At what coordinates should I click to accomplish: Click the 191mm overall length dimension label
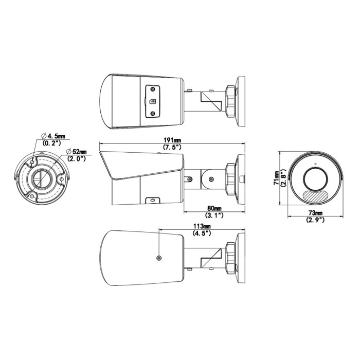click(x=172, y=140)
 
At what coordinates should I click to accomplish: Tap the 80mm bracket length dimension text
click(x=214, y=208)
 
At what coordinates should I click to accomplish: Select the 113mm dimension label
click(x=202, y=226)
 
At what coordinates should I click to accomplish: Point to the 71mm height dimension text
click(x=277, y=178)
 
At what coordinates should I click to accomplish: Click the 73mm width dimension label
click(x=315, y=213)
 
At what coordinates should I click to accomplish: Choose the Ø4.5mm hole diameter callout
click(x=53, y=136)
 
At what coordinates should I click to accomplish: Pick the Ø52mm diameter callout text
click(x=76, y=152)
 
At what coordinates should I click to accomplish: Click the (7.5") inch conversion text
click(x=172, y=147)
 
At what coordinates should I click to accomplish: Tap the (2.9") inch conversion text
click(x=315, y=220)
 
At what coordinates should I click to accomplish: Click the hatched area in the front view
click(x=315, y=195)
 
